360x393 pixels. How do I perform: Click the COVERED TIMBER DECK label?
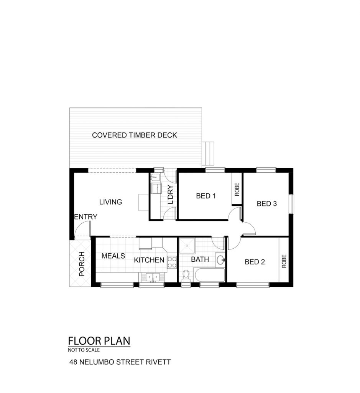point(135,135)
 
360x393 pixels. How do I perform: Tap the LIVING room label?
point(110,202)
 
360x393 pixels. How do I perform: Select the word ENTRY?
point(85,216)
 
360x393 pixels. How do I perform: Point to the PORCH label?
point(82,264)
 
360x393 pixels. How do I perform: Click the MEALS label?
point(113,256)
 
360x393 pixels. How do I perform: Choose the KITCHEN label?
point(149,260)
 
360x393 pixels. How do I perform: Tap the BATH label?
point(200,259)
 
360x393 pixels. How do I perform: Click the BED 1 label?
point(206,196)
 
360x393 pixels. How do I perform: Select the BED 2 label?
point(255,262)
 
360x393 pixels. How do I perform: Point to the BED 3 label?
point(266,203)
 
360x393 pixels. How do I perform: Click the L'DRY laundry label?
point(170,195)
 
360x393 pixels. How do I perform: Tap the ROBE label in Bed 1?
point(237,189)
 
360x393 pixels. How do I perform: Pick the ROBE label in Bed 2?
point(284,261)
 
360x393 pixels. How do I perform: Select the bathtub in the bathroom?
point(209,275)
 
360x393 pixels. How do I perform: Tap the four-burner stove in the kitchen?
point(172,262)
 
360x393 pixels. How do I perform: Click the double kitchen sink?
point(153,277)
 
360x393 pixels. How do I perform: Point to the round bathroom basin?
point(220,260)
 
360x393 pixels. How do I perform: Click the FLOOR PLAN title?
point(99,341)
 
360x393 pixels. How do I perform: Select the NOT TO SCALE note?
point(84,350)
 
